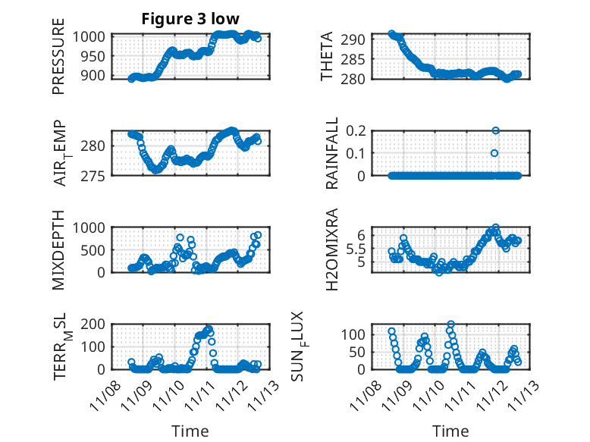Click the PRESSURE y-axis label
[x=58, y=62]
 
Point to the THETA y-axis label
[x=327, y=57]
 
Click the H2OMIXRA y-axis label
[x=331, y=250]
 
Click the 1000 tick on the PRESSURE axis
[x=93, y=36]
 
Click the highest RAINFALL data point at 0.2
[x=495, y=130]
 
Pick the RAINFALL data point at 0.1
[x=494, y=153]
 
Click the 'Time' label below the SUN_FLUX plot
[x=450, y=431]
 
